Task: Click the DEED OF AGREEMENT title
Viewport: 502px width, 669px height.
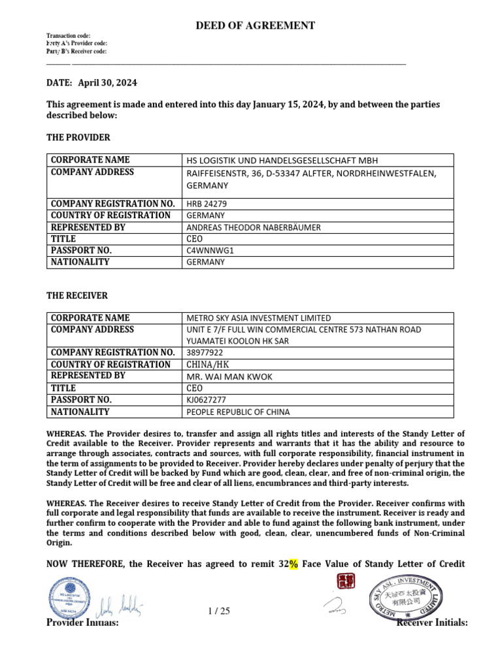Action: pos(256,25)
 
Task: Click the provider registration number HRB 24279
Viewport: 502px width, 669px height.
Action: pos(207,203)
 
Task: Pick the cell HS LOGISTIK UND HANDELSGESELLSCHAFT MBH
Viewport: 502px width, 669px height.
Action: pos(282,160)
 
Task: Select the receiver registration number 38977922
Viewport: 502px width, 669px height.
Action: pos(205,352)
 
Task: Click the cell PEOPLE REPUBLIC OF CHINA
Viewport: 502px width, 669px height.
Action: pos(238,412)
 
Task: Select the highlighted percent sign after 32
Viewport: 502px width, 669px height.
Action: pos(293,564)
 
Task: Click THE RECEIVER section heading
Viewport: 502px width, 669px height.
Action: pos(77,295)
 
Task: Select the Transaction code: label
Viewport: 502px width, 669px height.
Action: pos(69,35)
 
